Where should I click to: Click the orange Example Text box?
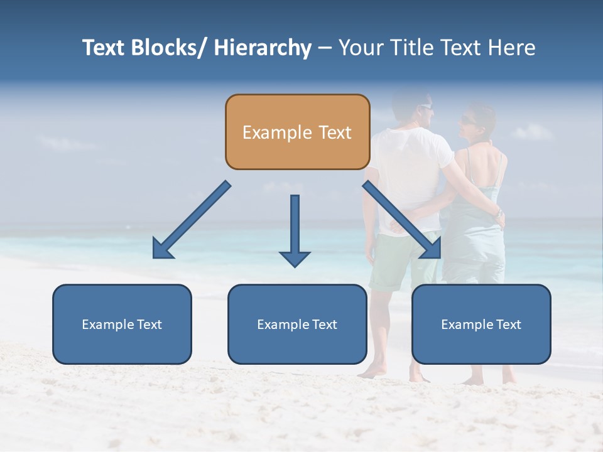tap(297, 132)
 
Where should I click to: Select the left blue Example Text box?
tap(122, 324)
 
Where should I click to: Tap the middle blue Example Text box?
tap(297, 324)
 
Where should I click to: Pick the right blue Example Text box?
tap(481, 324)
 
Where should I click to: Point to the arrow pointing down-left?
tap(191, 220)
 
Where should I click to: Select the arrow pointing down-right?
tap(402, 220)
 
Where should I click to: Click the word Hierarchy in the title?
tap(263, 48)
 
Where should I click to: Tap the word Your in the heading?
tap(359, 48)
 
